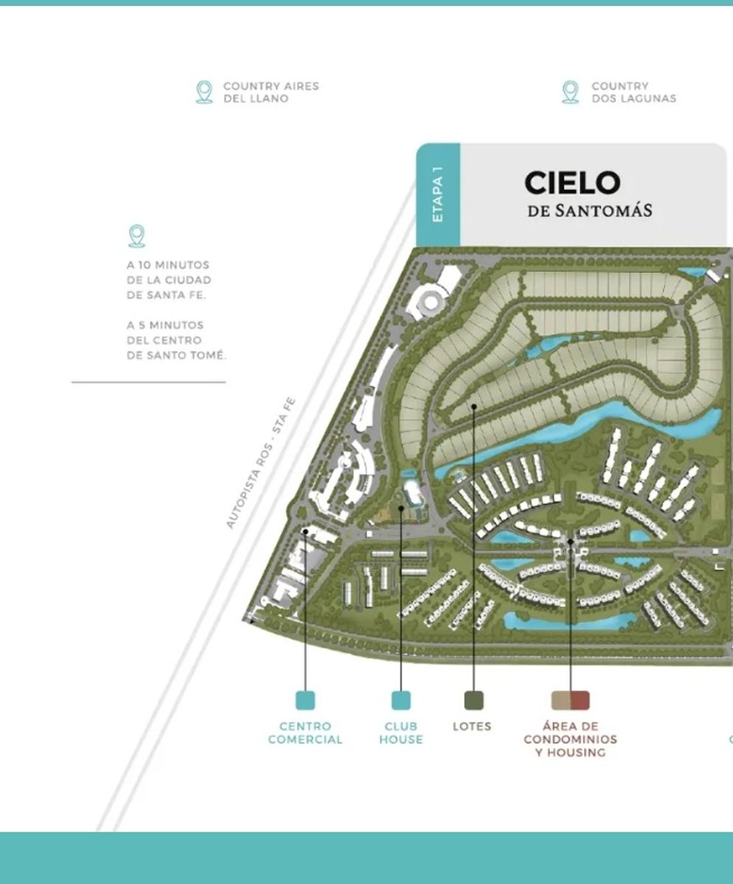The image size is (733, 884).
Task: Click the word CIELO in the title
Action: coord(572,183)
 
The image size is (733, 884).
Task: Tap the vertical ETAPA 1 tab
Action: coord(438,194)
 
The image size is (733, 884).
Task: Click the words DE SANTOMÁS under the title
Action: coord(589,211)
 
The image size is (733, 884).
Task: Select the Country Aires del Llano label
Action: coord(271,92)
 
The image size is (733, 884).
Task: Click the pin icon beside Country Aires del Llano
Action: coord(204,92)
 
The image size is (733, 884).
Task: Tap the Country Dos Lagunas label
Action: coord(634,92)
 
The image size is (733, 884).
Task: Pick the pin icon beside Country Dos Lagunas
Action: coord(570,92)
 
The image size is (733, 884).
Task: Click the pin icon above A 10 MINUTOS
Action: coord(137,236)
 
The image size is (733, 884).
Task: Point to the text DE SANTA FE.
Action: coord(166,295)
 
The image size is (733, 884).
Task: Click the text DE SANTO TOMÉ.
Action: coord(177,355)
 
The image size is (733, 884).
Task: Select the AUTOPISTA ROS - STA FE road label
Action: coord(261,463)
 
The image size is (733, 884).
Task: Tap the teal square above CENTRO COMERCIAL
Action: coord(305,700)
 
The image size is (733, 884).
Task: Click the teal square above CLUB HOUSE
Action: coord(401,700)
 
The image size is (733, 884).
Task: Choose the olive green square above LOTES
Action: coord(474,700)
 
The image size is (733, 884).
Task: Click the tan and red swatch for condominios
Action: coord(570,700)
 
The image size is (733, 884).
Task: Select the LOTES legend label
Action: coord(472,726)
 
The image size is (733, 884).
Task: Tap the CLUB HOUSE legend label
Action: coord(401,733)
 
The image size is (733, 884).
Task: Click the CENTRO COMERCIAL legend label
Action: coord(305,733)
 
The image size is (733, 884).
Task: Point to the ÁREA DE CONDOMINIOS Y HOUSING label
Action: coord(570,739)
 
